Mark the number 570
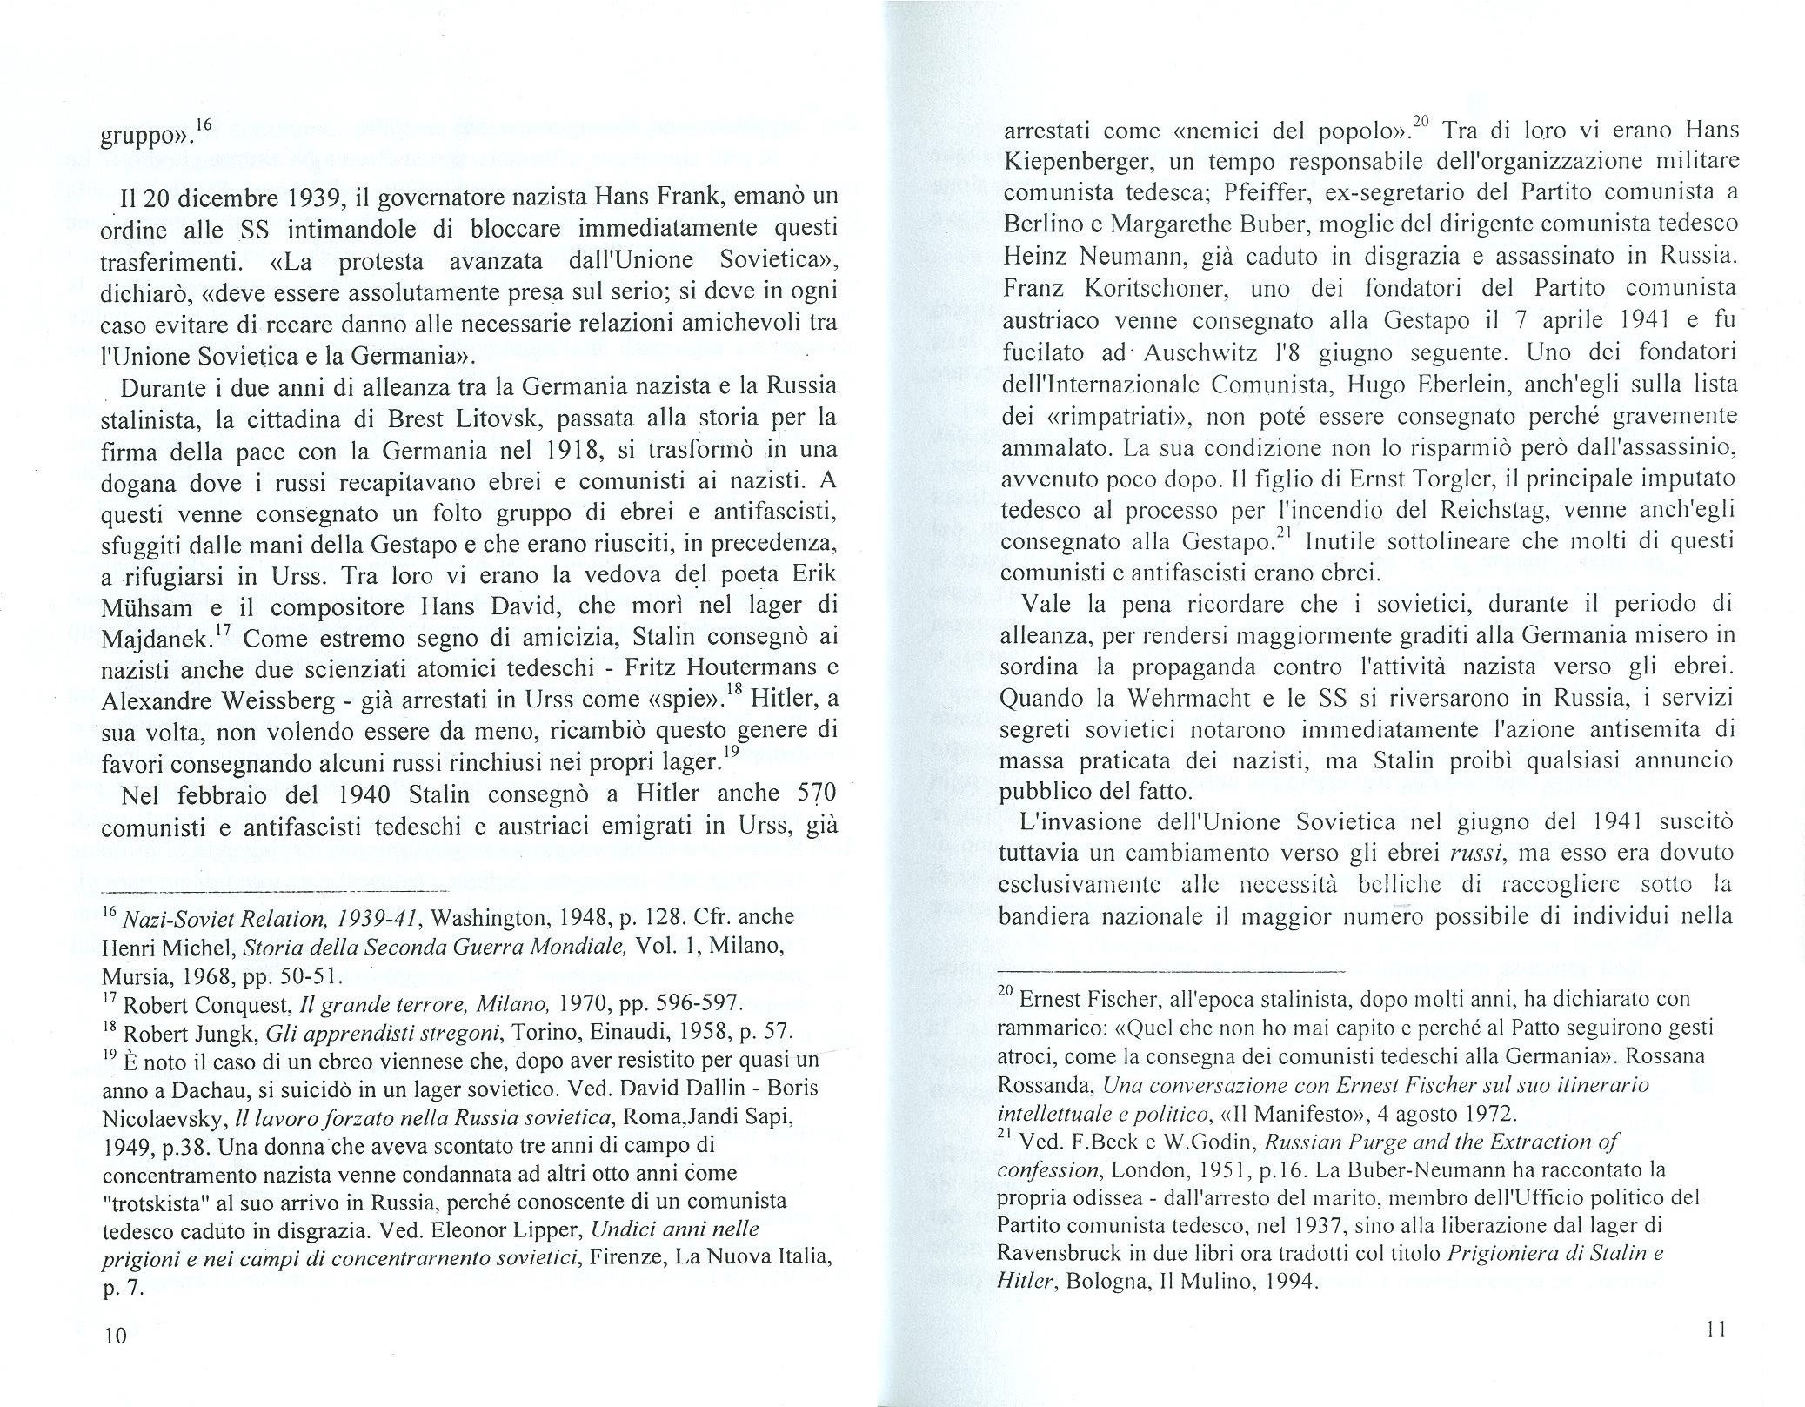point(816,794)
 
